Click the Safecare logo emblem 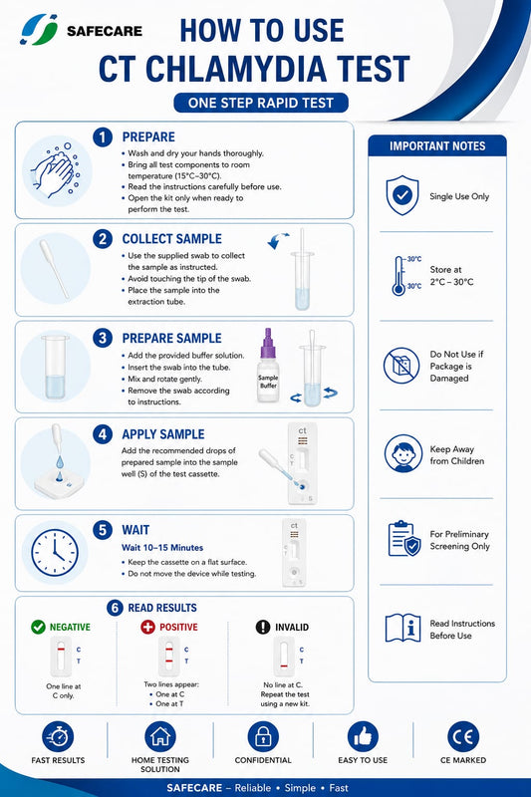pos(39,30)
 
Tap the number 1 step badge pos(103,137)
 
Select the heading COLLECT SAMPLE pos(171,239)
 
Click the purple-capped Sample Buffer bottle pos(268,366)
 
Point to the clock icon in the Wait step pos(55,553)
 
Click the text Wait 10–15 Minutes pos(162,547)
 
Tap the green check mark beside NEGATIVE pos(38,627)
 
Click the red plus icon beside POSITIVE pos(147,627)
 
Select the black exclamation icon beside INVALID pos(263,627)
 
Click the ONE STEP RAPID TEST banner pos(261,103)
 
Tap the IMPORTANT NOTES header pos(437,145)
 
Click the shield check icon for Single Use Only pos(401,195)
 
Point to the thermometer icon pos(398,276)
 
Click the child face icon pos(402,453)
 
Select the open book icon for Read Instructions pos(402,628)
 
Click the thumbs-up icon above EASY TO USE pos(363,737)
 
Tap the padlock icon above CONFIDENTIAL pos(263,737)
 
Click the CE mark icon pos(463,737)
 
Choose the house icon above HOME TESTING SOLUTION pos(160,737)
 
